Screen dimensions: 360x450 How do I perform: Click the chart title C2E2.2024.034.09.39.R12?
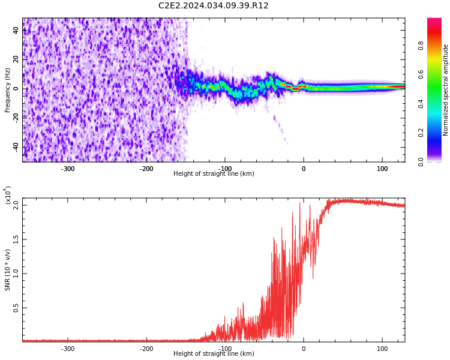(x=213, y=6)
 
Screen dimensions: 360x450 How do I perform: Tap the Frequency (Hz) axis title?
(x=8, y=90)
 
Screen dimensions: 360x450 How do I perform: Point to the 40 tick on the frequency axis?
(x=16, y=30)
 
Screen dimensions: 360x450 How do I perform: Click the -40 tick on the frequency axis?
(x=16, y=147)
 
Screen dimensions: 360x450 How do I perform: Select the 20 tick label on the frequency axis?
(x=16, y=59)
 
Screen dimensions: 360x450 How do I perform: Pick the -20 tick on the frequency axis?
(x=16, y=118)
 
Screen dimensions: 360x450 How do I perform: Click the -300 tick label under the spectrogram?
(x=68, y=169)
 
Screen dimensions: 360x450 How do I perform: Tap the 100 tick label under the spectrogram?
(x=382, y=169)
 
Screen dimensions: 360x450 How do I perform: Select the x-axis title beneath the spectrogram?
(x=214, y=174)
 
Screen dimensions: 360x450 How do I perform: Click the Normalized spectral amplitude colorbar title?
(x=446, y=90)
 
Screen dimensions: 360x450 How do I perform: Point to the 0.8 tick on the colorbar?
(x=438, y=44)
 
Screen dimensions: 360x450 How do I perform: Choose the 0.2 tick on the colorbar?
(x=438, y=133)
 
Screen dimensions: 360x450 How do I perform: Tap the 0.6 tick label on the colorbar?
(x=438, y=74)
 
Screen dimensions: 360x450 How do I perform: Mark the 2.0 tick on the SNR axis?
(x=16, y=205)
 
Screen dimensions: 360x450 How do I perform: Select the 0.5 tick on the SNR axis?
(x=16, y=308)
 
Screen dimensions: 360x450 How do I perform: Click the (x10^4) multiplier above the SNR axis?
(x=8, y=195)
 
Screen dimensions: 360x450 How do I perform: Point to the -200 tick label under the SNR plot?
(x=146, y=349)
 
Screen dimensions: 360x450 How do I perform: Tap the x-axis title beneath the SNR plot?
(x=214, y=354)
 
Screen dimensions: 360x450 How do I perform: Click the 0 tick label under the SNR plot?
(x=303, y=349)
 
